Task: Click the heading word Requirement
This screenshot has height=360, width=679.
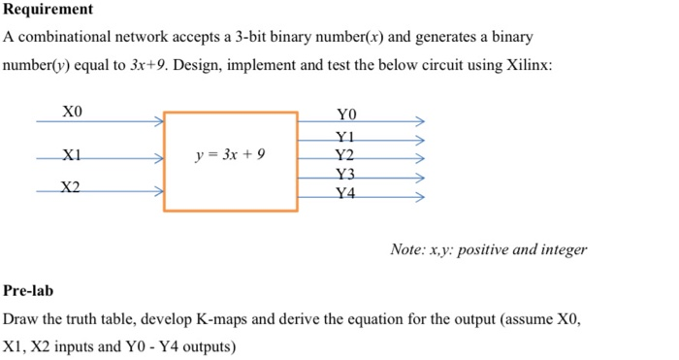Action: (x=48, y=10)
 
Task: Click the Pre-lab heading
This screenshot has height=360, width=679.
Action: (x=29, y=290)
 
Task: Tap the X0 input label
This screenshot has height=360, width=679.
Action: (x=73, y=111)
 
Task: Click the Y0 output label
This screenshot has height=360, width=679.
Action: (x=345, y=112)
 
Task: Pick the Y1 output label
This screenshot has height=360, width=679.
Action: (x=345, y=136)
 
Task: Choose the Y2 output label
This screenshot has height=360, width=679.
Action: (x=345, y=154)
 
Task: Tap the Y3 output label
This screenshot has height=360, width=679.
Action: (x=345, y=174)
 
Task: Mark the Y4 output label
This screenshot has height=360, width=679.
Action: (x=345, y=192)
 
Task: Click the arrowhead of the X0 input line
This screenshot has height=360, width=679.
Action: (x=158, y=122)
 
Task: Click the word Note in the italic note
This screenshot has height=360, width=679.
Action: (x=406, y=249)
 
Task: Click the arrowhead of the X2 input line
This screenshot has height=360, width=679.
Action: (x=158, y=192)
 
